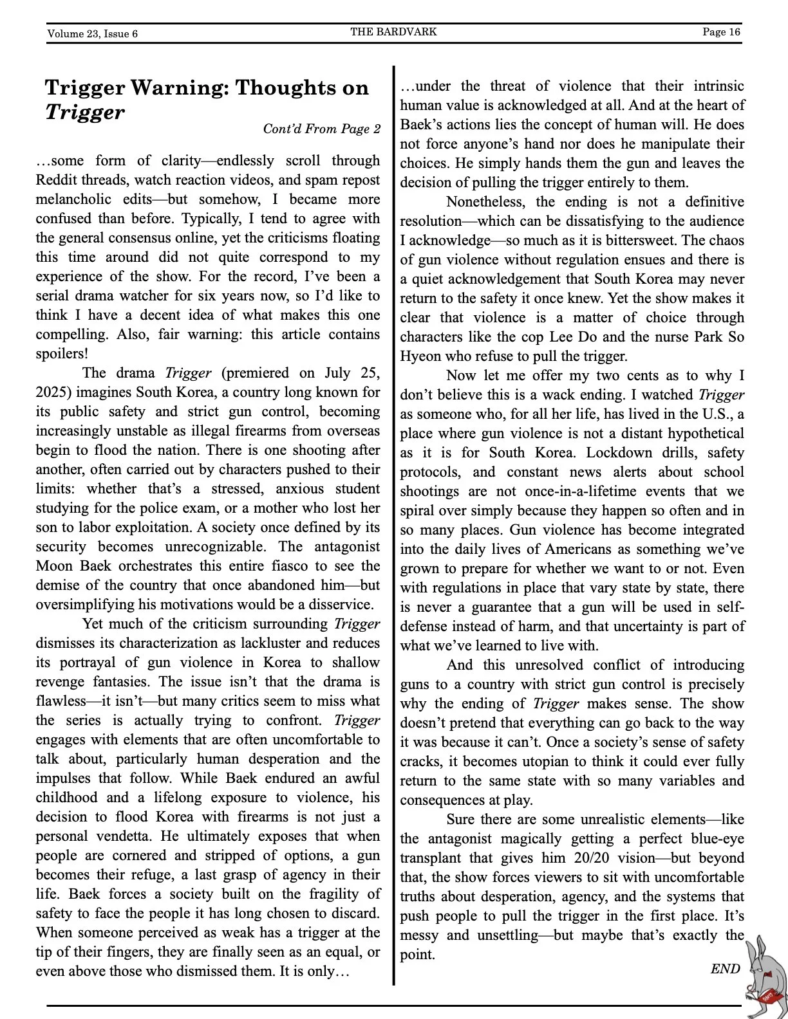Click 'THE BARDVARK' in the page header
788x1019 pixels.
click(x=393, y=32)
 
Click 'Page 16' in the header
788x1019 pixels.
click(x=721, y=32)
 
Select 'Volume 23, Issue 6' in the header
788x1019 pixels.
click(x=92, y=33)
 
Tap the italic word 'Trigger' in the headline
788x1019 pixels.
click(x=84, y=113)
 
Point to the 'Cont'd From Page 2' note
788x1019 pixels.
click(x=321, y=129)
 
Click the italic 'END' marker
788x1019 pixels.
click(x=725, y=969)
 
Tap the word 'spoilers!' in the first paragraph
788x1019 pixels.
click(x=62, y=354)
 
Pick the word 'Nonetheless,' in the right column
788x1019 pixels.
click(x=485, y=202)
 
